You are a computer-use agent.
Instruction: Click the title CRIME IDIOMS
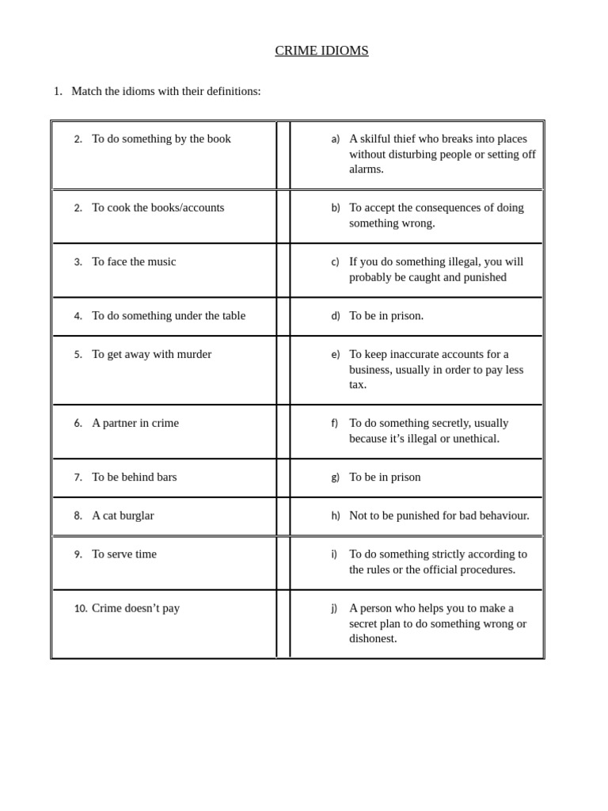321,51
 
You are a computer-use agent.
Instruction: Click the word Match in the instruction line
88,91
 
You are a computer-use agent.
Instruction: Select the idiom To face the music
134,261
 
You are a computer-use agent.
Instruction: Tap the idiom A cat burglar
123,516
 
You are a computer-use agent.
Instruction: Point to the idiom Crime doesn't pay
135,608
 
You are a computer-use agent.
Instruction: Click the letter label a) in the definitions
336,139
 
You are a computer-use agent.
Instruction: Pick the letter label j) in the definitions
334,608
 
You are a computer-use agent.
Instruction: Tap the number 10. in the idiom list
81,608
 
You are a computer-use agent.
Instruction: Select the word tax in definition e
357,384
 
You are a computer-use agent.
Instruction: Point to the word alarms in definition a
366,169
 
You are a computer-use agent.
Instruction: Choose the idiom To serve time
124,554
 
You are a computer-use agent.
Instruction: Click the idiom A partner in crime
135,423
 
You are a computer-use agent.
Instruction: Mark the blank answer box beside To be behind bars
283,478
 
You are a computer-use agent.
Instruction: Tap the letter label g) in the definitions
336,478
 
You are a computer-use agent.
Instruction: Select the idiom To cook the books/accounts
158,208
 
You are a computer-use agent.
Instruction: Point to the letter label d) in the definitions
336,316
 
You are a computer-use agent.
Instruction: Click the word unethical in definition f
473,438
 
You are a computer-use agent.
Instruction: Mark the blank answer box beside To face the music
283,270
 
